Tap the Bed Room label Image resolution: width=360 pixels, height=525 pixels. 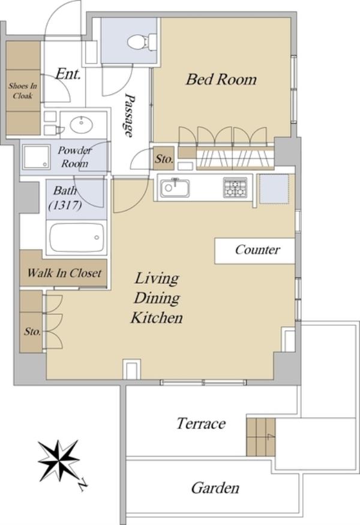coord(221,79)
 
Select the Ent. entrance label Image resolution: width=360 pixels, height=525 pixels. coord(68,74)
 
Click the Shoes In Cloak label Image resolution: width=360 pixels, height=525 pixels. coord(22,91)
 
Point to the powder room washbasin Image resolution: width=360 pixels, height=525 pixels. coord(82,125)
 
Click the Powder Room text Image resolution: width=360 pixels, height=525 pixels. coord(74,157)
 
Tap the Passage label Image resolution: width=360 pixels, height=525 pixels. coord(129,115)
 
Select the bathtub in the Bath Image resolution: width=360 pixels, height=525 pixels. coord(77,238)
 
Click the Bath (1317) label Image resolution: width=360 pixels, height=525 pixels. coord(65,197)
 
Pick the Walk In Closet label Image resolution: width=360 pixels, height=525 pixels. coord(64,273)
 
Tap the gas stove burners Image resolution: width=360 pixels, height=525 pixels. coord(235,187)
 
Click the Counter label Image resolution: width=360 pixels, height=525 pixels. coord(257,250)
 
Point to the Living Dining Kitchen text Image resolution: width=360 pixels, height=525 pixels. coord(157,298)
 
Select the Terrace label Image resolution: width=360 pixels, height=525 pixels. coord(201,424)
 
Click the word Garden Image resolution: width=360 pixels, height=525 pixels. coord(215,488)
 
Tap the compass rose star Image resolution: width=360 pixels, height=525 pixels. coord(58,461)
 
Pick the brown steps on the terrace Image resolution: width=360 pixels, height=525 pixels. coord(260,437)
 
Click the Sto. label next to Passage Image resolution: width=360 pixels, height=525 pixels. coord(164,159)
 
